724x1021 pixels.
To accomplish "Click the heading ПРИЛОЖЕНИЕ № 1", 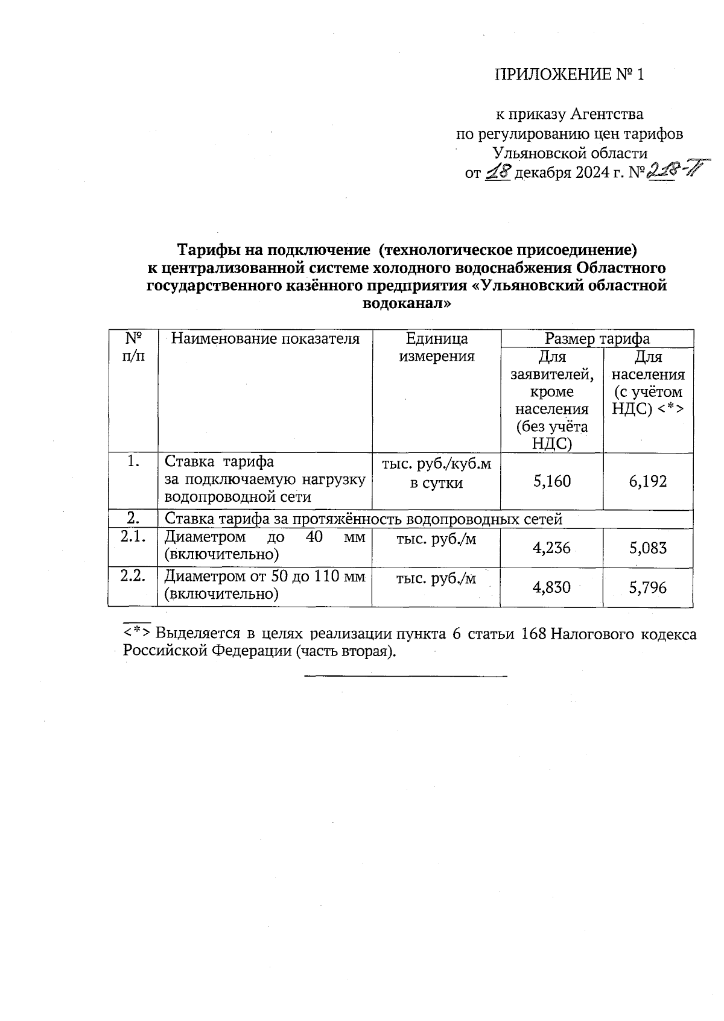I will pyautogui.click(x=569, y=74).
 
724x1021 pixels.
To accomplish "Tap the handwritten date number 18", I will pyautogui.click(x=498, y=172).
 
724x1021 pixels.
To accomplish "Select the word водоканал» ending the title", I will pyautogui.click(x=406, y=303).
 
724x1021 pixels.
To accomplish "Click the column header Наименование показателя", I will pyautogui.click(x=265, y=339).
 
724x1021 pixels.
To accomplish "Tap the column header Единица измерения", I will pyautogui.click(x=436, y=347).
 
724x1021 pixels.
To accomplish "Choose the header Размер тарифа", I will pyautogui.click(x=597, y=338).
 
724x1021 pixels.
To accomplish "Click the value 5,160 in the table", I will pyautogui.click(x=551, y=481).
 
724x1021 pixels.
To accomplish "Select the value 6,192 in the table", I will pyautogui.click(x=648, y=481).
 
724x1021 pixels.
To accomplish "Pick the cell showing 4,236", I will pyautogui.click(x=551, y=548).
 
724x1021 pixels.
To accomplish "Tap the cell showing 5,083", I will pyautogui.click(x=648, y=548).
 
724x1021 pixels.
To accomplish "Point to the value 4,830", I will pyautogui.click(x=551, y=587).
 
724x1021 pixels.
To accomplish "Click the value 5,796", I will pyautogui.click(x=648, y=587).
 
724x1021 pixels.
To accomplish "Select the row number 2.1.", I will pyautogui.click(x=133, y=537).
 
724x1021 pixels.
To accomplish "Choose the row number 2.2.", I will pyautogui.click(x=133, y=576).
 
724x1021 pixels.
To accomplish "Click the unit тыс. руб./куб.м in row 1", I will pyautogui.click(x=436, y=464).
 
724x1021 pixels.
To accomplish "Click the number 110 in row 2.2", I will pyautogui.click(x=325, y=577).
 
